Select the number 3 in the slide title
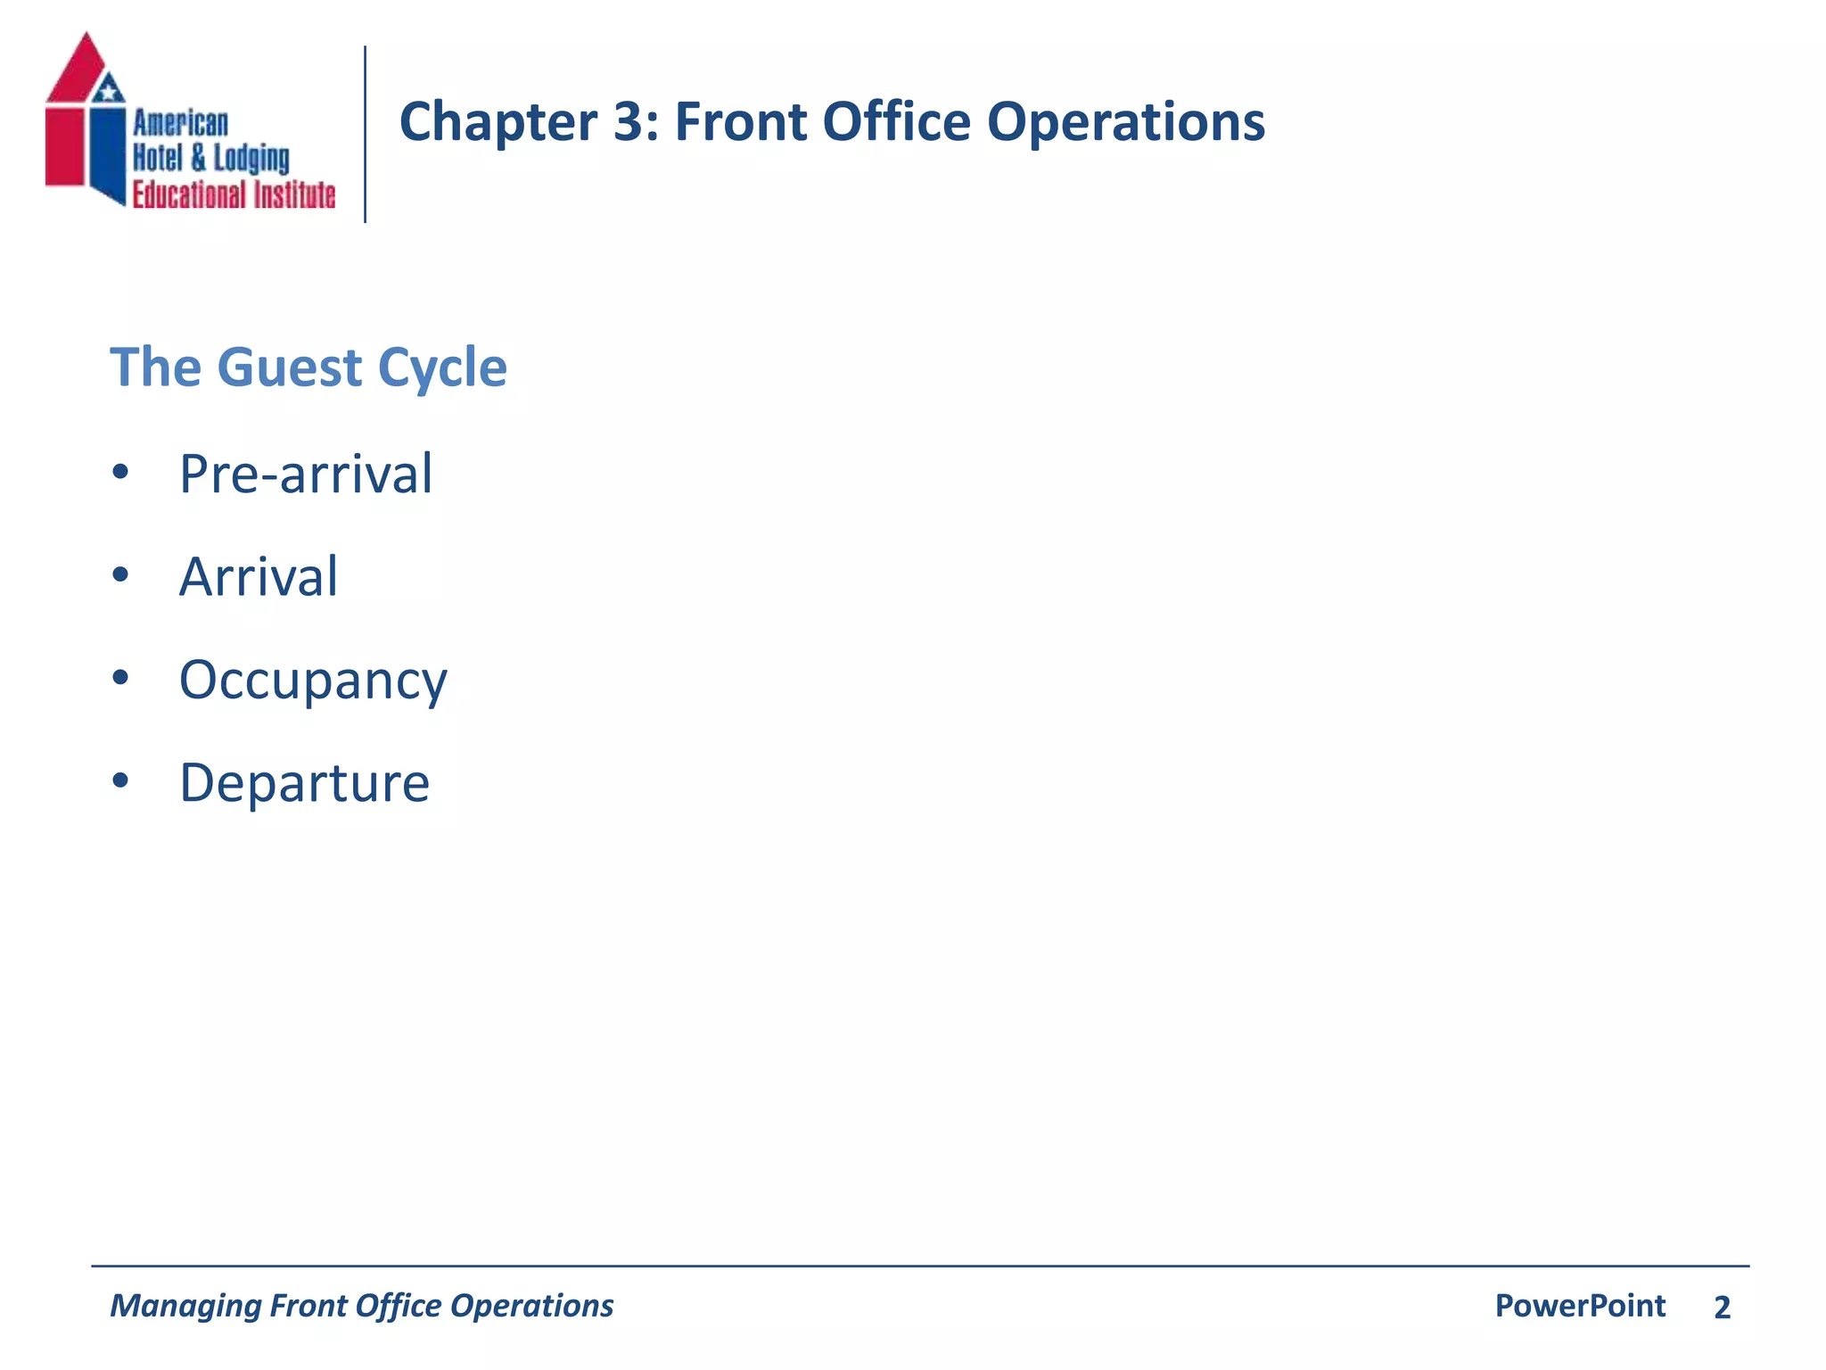[633, 121]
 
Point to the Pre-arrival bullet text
[306, 474]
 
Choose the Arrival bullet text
[259, 577]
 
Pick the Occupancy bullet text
[313, 681]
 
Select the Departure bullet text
[305, 783]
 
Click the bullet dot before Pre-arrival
[120, 472]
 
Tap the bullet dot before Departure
[120, 781]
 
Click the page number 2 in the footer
[1722, 1308]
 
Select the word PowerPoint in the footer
[1580, 1306]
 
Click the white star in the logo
[109, 89]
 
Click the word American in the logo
[181, 123]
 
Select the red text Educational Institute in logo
[234, 194]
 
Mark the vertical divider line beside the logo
[365, 134]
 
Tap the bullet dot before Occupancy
[120, 678]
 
